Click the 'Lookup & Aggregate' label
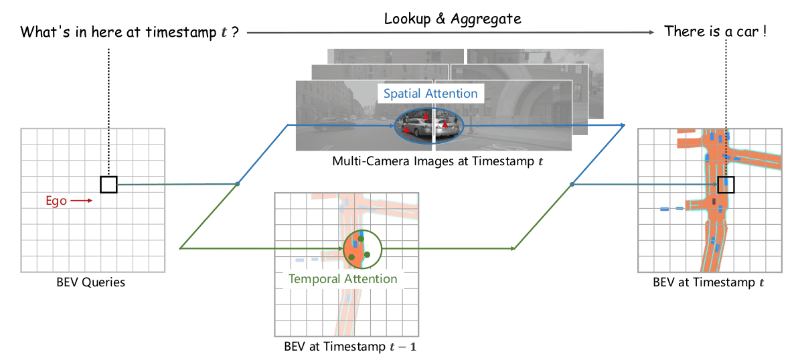point(453,19)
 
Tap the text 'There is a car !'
point(715,31)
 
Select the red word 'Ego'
point(56,200)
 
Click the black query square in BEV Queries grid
point(108,184)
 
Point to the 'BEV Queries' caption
point(90,282)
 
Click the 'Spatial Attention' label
point(430,94)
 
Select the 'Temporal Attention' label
point(343,279)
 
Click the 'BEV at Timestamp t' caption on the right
point(708,282)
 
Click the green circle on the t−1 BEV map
point(362,248)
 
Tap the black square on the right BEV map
point(726,184)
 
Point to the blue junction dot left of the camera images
point(237,183)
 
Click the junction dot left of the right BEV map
point(572,184)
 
